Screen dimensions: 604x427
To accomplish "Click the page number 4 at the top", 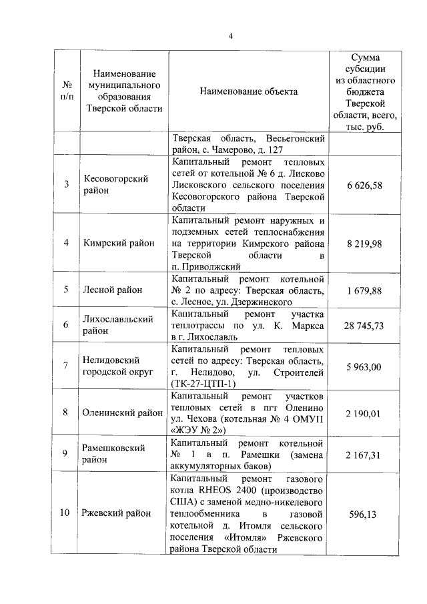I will click(230, 36).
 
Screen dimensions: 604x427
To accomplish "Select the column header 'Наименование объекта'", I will click(248, 91).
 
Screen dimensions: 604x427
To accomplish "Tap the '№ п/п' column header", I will click(67, 91).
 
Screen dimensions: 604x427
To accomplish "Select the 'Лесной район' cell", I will click(111, 290).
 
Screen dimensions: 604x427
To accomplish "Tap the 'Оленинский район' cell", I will click(119, 412).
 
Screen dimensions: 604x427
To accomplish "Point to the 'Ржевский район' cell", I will click(115, 513).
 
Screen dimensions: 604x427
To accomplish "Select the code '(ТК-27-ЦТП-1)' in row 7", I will click(199, 384).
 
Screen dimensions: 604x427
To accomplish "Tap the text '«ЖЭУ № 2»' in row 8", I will click(198, 430).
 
